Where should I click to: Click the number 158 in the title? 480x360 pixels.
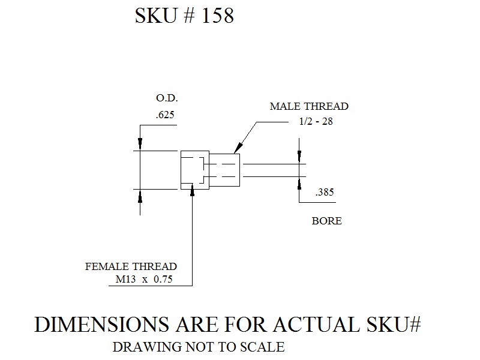click(218, 16)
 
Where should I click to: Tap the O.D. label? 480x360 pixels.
click(167, 98)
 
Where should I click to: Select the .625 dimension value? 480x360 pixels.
click(165, 115)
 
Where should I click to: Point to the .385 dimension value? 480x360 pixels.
click(325, 192)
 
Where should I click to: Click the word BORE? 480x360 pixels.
click(326, 221)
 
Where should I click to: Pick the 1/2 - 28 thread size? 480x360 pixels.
click(316, 121)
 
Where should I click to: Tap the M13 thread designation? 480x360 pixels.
click(125, 279)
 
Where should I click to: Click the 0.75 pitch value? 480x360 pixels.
click(163, 279)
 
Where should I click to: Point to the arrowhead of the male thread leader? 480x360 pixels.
click(238, 148)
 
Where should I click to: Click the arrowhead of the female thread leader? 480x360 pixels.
click(192, 190)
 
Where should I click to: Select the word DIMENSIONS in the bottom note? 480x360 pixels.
click(102, 325)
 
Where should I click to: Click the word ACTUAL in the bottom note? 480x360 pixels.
click(316, 325)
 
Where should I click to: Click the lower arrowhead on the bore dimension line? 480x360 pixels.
click(299, 183)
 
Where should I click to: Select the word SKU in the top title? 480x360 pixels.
click(156, 16)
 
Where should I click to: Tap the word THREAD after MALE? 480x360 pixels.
click(326, 106)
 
